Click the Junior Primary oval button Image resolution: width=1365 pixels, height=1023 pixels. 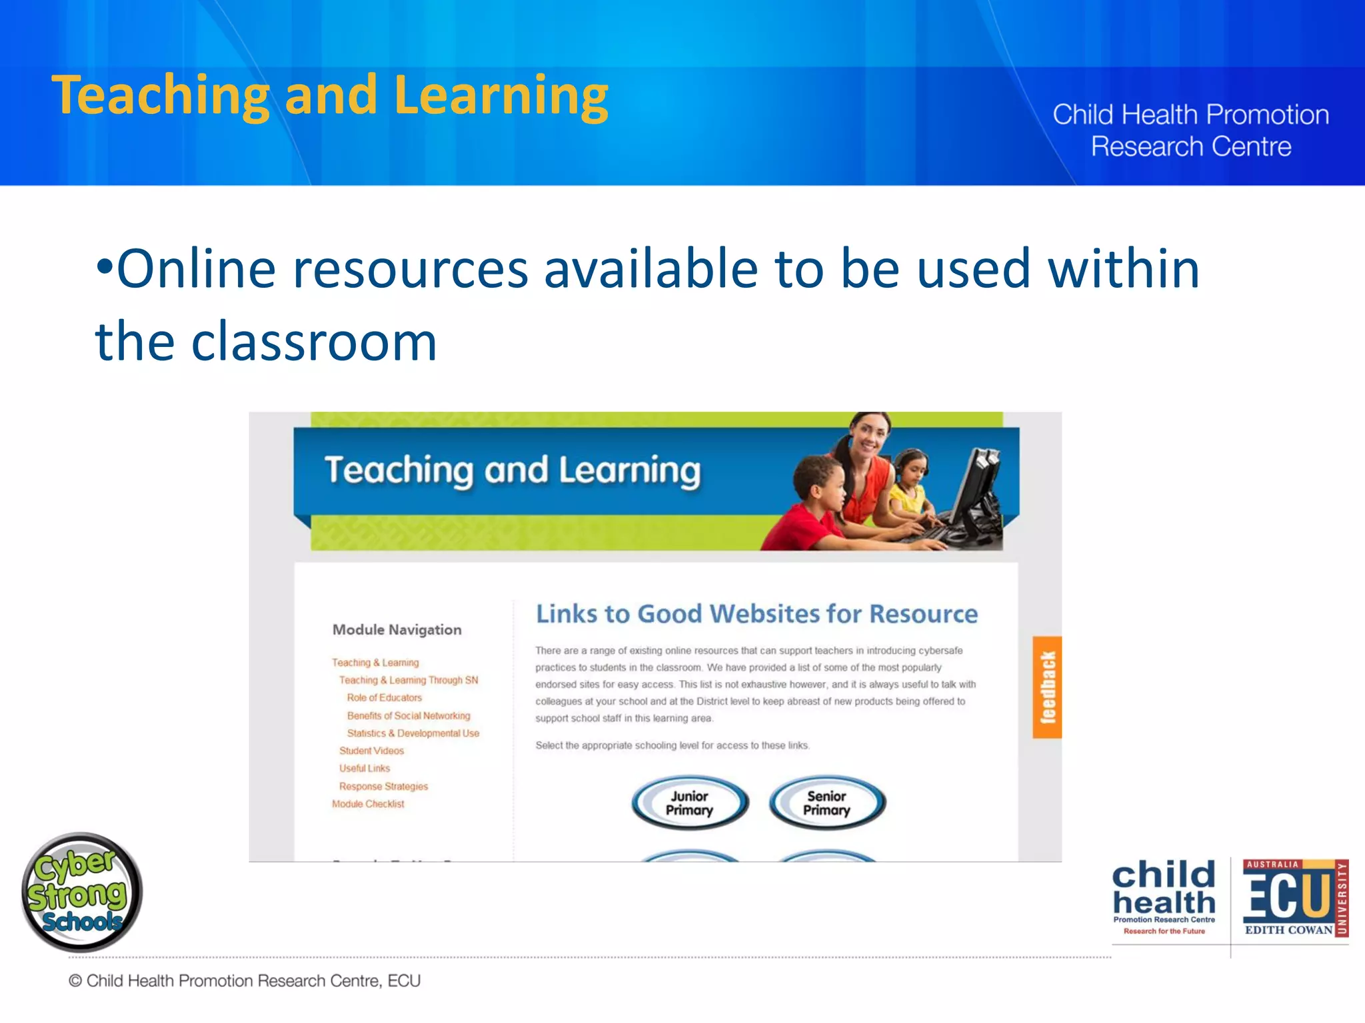click(x=690, y=803)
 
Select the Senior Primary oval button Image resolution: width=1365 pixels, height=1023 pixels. click(x=827, y=803)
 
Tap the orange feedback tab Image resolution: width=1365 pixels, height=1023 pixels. click(x=1047, y=687)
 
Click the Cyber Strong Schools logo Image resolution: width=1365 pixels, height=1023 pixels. click(x=81, y=891)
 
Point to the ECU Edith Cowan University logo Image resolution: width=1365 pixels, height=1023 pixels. click(x=1295, y=899)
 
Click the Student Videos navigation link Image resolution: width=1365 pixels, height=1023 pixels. click(x=371, y=751)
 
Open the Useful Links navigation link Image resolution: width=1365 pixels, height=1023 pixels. click(x=365, y=768)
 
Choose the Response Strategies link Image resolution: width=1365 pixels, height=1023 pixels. click(x=383, y=786)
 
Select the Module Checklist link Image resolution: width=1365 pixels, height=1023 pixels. click(x=368, y=804)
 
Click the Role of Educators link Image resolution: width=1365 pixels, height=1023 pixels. click(x=384, y=697)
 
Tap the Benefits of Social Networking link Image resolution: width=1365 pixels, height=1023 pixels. click(x=409, y=715)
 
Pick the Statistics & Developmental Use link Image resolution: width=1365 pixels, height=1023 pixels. click(x=413, y=733)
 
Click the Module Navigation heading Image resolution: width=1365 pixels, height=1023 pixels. click(x=397, y=629)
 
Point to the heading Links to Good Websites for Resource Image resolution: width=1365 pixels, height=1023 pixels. click(x=756, y=613)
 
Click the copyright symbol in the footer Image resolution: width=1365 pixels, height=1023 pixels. click(x=75, y=981)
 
